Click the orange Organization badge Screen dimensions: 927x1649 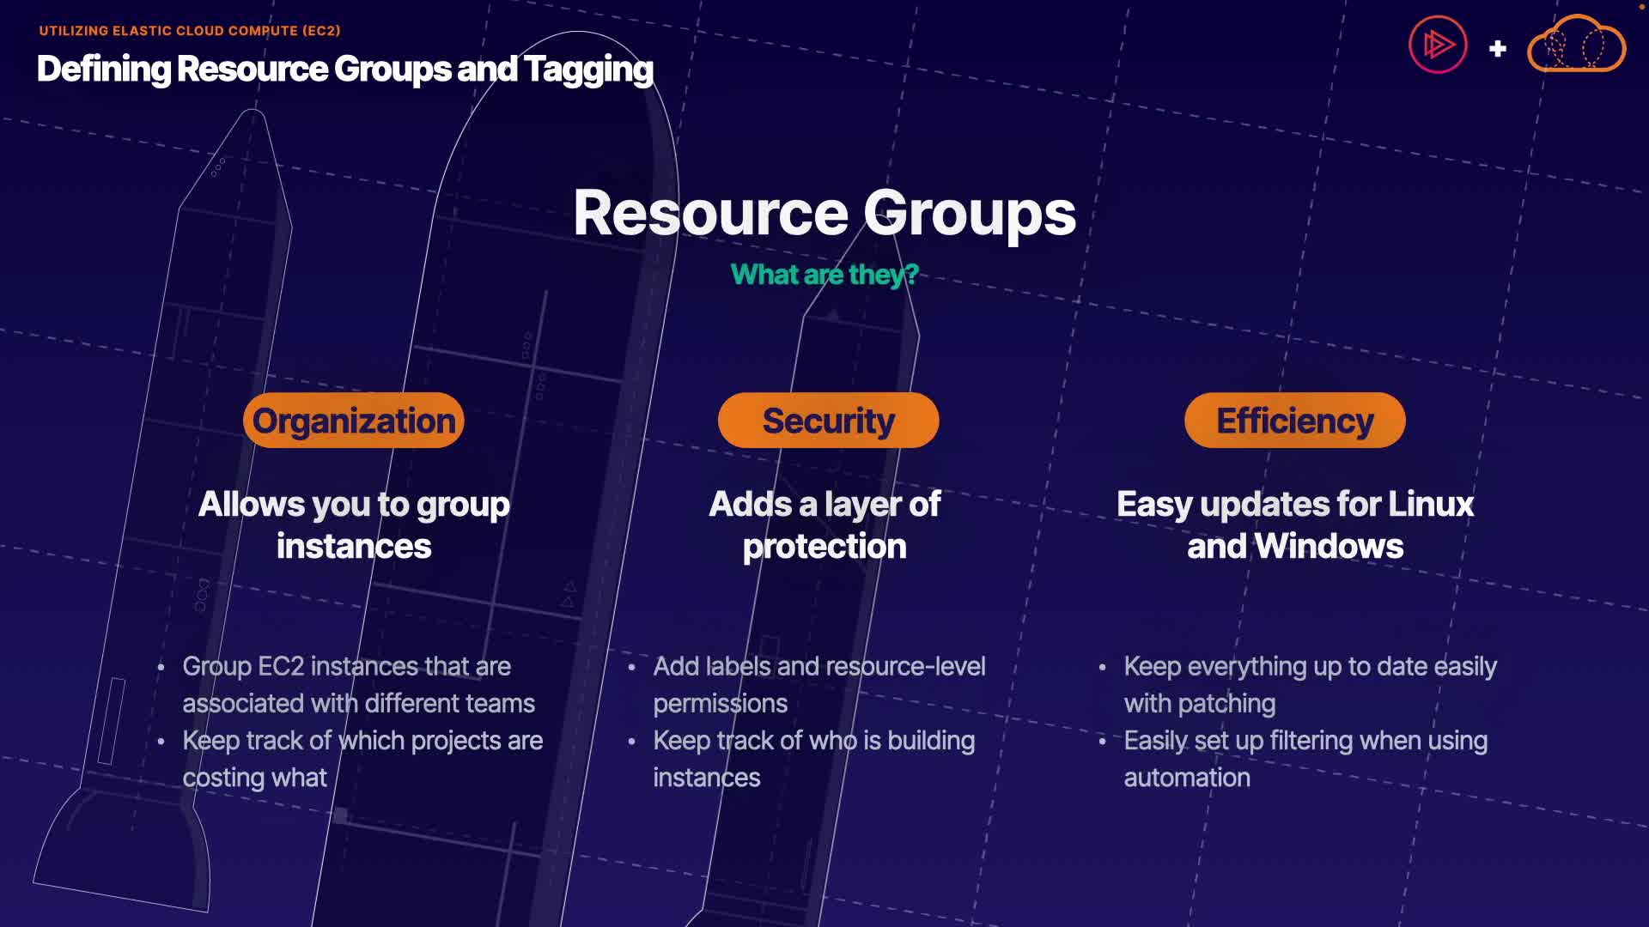point(354,421)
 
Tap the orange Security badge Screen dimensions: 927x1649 point(828,421)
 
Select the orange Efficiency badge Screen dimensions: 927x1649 point(1294,421)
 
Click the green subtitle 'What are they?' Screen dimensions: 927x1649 point(824,275)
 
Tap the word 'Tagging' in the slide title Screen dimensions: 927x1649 point(589,70)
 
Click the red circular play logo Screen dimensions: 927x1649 point(1438,45)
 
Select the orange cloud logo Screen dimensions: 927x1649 point(1576,45)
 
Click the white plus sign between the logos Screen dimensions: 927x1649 point(1498,49)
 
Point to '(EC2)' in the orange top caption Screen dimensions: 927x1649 point(321,31)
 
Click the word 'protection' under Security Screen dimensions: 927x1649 point(824,547)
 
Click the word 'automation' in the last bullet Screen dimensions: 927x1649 point(1187,778)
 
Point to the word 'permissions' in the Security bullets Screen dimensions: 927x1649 point(720,704)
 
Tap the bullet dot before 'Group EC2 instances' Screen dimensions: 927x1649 point(161,667)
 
